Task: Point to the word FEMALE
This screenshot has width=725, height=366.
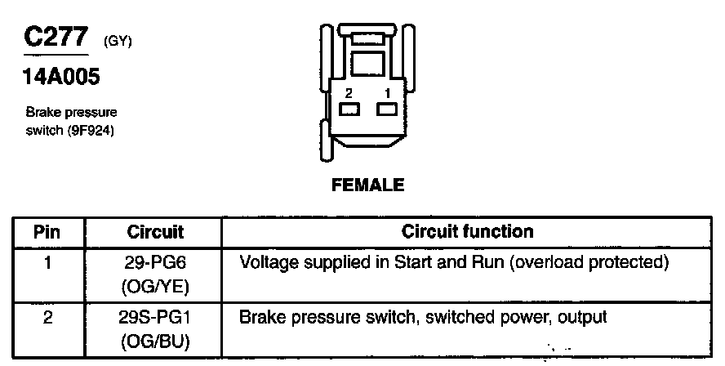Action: coord(367,185)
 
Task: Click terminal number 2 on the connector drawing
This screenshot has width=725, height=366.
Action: coord(349,92)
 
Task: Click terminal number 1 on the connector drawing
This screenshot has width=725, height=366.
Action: coord(387,92)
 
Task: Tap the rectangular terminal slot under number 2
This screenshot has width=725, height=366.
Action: coord(349,109)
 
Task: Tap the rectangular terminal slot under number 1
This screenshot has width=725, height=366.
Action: coord(385,109)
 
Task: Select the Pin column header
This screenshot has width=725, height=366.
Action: coord(47,232)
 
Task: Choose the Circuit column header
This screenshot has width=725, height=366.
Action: coord(155,232)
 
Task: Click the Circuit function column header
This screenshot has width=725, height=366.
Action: coord(467,232)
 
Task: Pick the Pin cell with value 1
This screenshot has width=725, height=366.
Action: coord(47,263)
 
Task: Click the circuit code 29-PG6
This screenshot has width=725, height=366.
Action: coord(156,263)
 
